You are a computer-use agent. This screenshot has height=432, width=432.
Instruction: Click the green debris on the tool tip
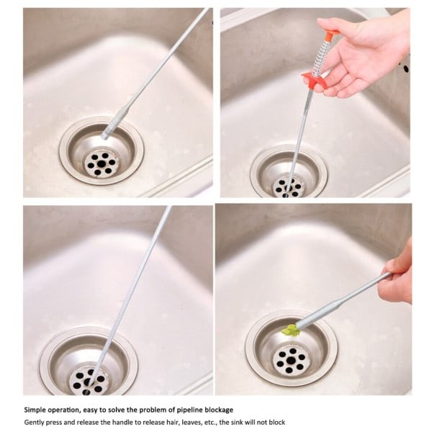click(291, 330)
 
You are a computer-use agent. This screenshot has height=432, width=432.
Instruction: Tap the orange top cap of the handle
click(330, 34)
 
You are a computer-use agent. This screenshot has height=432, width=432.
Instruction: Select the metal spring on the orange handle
click(323, 56)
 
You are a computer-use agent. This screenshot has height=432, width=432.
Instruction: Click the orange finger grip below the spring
click(315, 79)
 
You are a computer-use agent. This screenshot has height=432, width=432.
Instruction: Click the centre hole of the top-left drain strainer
click(102, 164)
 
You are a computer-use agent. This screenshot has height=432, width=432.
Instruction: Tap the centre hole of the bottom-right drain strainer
click(290, 360)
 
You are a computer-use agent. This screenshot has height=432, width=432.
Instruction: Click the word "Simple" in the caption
click(34, 410)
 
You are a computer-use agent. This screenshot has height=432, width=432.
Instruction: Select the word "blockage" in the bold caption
click(219, 410)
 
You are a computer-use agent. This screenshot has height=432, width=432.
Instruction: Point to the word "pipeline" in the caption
click(189, 410)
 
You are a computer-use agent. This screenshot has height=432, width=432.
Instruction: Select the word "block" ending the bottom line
click(277, 422)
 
